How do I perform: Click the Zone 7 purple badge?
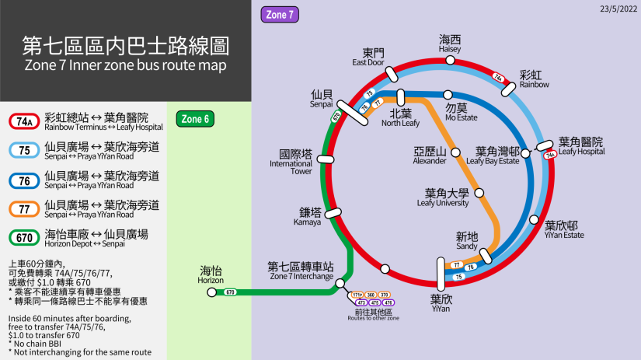280,14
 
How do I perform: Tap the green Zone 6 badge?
195,119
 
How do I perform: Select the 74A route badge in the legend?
24,121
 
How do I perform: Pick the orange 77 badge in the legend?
24,209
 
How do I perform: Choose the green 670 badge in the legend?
24,238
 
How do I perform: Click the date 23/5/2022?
618,9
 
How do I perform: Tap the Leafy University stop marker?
479,193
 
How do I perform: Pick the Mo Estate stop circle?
448,95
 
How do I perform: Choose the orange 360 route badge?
371,295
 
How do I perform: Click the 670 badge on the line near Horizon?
230,292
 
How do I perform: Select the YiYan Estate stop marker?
534,219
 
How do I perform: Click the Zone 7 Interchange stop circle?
340,285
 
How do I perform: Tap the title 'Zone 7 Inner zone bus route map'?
125,65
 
